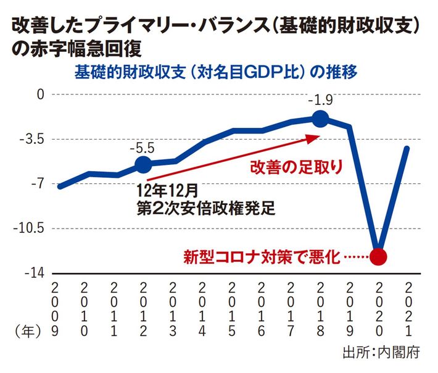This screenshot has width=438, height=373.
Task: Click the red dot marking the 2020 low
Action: (379, 256)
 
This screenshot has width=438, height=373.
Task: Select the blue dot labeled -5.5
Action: (143, 164)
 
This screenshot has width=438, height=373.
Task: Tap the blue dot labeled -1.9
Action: (321, 119)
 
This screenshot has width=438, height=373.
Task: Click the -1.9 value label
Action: (321, 99)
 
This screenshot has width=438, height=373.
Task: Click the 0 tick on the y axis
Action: (41, 94)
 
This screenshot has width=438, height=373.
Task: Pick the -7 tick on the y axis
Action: (38, 183)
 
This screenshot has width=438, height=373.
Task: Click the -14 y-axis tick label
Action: (35, 272)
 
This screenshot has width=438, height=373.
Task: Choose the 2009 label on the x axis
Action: (56, 309)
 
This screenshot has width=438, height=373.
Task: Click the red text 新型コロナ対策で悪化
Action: (262, 256)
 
